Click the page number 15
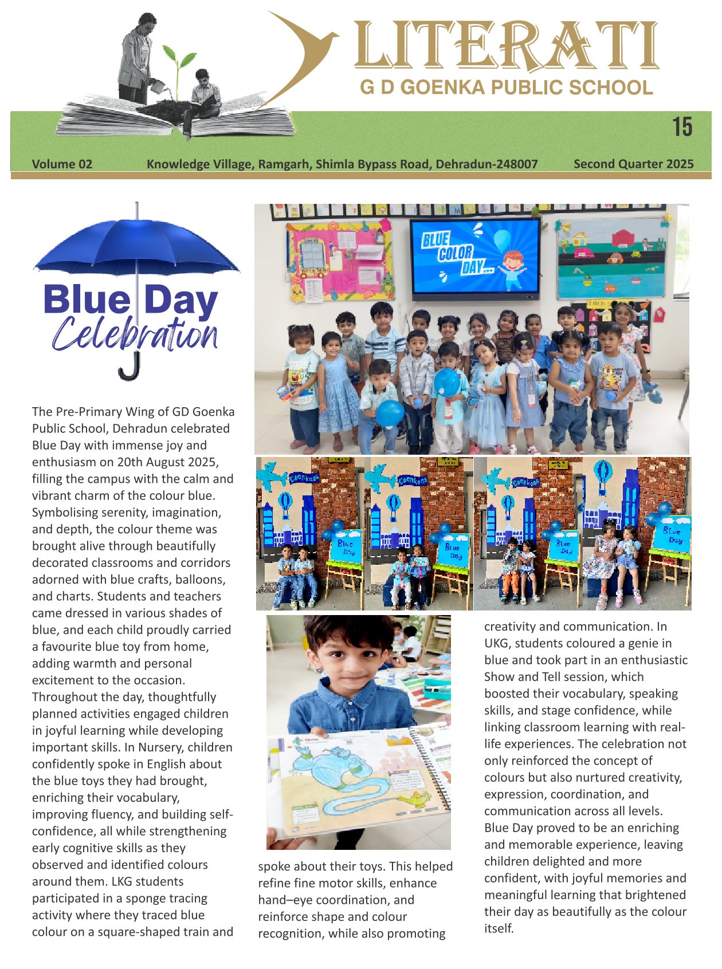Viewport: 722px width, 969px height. [x=682, y=127]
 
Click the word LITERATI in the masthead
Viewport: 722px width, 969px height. [x=507, y=46]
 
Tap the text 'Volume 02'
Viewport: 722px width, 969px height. [x=62, y=164]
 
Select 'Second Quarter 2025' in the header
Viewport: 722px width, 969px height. [x=633, y=164]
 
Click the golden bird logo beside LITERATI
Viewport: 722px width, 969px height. [x=304, y=46]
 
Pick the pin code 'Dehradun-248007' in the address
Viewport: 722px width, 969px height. [x=486, y=164]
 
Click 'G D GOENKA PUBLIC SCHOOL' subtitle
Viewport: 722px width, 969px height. [x=507, y=88]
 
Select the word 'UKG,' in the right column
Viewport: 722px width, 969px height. [x=498, y=643]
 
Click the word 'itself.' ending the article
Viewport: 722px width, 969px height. [x=499, y=928]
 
